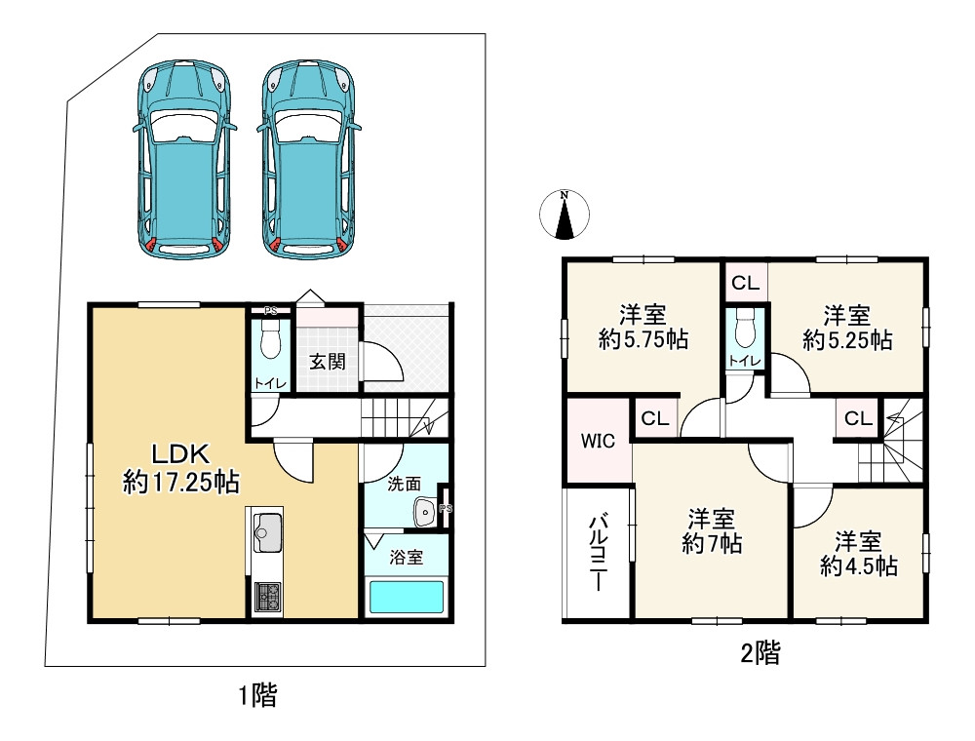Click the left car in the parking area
184,159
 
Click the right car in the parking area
309,159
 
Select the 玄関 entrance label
327,362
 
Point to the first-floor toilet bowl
270,338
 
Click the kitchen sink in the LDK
267,532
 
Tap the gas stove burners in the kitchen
268,596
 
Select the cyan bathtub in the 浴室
408,597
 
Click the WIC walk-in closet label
598,441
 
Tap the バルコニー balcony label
599,552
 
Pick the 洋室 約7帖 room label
712,530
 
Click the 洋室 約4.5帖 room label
858,554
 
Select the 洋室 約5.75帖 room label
643,327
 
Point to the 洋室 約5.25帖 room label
847,328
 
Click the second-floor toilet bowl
744,330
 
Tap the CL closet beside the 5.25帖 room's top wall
745,284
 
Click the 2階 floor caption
760,653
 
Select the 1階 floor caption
258,695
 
